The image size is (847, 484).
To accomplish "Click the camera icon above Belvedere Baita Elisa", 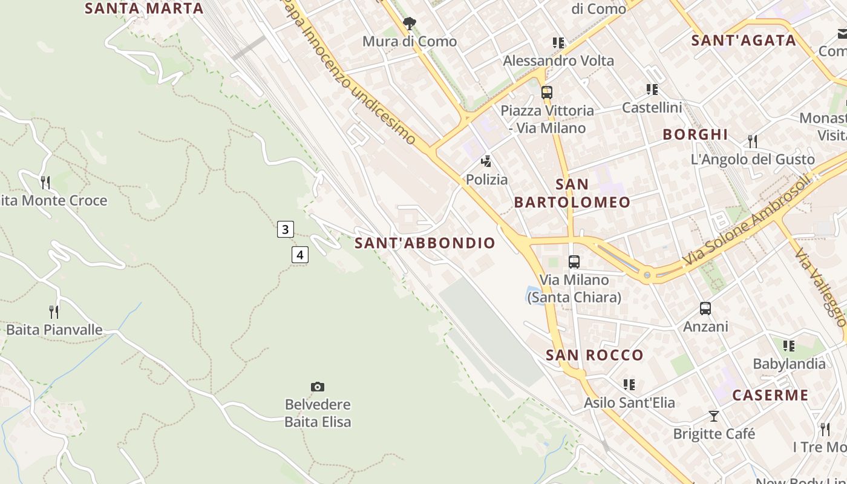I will [318, 387].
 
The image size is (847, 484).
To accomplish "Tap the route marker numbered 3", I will [285, 229].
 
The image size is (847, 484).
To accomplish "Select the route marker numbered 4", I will [299, 255].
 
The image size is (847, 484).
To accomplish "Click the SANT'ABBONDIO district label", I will [425, 243].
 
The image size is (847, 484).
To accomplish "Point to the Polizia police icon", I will [486, 162].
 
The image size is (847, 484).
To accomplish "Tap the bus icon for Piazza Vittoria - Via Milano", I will [547, 93].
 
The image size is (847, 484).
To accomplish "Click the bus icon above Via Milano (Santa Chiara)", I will [574, 262].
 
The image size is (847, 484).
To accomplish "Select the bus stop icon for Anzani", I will [705, 309].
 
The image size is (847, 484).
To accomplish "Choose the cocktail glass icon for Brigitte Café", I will [714, 416].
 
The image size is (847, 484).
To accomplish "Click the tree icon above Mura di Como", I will [410, 24].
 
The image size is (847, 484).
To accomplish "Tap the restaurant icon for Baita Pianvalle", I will [54, 312].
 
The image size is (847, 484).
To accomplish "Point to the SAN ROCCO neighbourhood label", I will [594, 355].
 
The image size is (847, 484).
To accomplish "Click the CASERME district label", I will [770, 396].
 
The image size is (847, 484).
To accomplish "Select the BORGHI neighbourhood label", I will [695, 134].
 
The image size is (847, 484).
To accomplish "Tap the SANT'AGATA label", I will [744, 41].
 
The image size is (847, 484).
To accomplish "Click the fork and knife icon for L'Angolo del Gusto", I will [753, 142].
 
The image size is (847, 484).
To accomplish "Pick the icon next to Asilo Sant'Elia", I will [629, 385].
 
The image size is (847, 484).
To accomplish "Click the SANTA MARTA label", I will [144, 8].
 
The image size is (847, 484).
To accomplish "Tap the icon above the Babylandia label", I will [789, 346].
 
